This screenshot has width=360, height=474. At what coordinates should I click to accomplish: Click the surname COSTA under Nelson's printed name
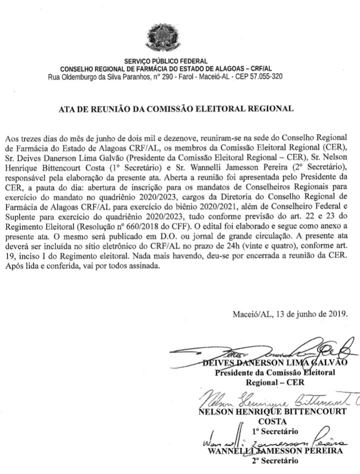point(269,421)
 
